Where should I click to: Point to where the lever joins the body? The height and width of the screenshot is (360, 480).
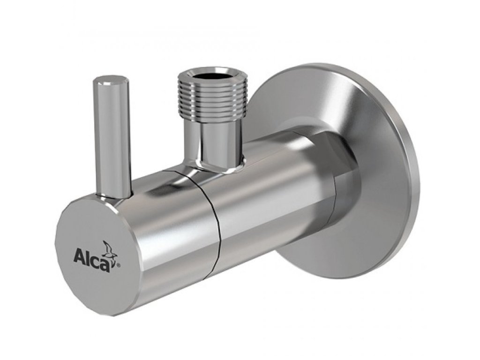click(x=114, y=196)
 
